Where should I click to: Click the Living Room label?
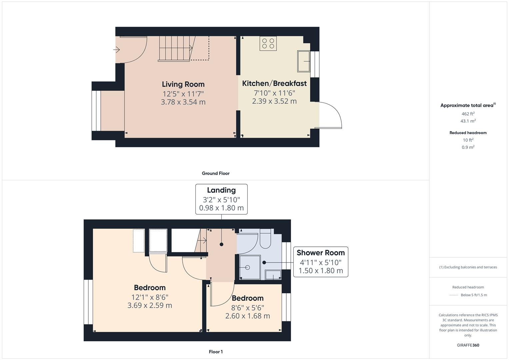click(x=183, y=84)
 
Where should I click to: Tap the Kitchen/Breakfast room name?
click(x=274, y=83)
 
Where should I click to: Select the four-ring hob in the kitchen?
click(x=268, y=43)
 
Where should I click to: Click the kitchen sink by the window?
click(x=303, y=61)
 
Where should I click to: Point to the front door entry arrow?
click(x=116, y=50)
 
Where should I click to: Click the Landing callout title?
click(x=221, y=190)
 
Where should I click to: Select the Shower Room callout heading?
click(x=320, y=253)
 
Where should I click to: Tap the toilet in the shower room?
click(x=265, y=241)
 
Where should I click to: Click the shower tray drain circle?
click(x=247, y=267)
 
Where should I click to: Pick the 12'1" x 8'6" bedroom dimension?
click(x=150, y=297)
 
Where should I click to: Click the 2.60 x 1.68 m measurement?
click(x=247, y=316)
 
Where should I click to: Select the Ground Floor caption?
click(x=216, y=173)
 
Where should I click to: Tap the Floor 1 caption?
click(x=216, y=352)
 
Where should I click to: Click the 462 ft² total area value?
click(x=468, y=114)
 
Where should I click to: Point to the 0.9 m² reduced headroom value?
click(x=468, y=147)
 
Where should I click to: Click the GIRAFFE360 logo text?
click(x=468, y=345)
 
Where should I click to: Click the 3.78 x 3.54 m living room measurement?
click(x=183, y=102)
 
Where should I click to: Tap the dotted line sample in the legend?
click(x=454, y=295)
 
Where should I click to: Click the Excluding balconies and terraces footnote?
click(x=468, y=267)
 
